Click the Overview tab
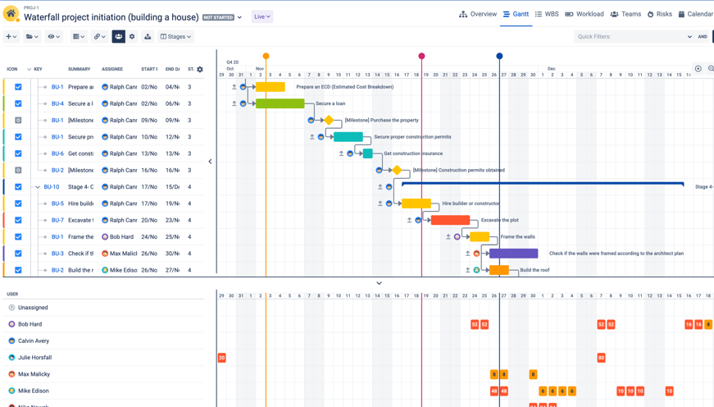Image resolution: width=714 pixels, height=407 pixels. click(x=478, y=14)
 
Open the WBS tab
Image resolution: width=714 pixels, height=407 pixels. click(x=547, y=14)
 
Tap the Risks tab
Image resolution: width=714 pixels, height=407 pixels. click(x=659, y=14)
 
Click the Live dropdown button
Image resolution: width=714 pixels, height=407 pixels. click(x=262, y=16)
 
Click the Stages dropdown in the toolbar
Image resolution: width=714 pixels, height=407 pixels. click(x=175, y=37)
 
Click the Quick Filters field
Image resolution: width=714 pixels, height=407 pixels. click(x=631, y=37)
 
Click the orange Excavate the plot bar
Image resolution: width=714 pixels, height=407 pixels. click(x=450, y=220)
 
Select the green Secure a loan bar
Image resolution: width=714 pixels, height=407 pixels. click(x=280, y=103)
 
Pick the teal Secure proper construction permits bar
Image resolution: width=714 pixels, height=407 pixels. click(x=348, y=137)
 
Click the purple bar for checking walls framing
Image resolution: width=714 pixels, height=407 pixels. click(x=514, y=254)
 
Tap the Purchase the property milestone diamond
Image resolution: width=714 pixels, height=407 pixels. click(x=329, y=121)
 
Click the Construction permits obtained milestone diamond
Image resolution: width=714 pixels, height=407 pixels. click(x=397, y=170)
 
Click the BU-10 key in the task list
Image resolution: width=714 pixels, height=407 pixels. click(x=52, y=187)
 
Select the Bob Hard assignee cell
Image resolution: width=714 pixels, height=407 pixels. click(x=119, y=237)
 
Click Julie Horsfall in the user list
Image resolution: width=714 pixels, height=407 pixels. click(x=34, y=358)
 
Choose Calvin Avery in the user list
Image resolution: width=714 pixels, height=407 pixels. click(x=34, y=341)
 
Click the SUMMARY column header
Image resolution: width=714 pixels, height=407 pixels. click(x=80, y=70)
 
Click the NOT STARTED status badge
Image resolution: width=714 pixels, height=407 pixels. click(x=218, y=17)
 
